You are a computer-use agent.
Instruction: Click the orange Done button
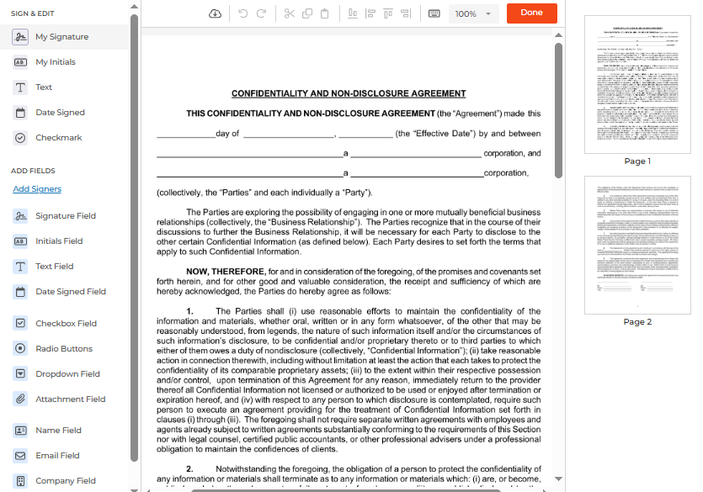coord(531,13)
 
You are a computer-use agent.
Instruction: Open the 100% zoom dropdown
coord(474,13)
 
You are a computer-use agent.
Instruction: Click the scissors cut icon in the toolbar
coord(290,13)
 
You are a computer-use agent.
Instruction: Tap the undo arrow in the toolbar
coord(242,13)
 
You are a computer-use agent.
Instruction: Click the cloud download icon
coord(215,13)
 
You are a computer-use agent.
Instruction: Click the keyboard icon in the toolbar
coord(434,13)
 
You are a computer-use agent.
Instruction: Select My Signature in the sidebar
coord(61,37)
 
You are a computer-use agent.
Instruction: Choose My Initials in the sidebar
coord(55,62)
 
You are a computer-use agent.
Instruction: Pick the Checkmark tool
coord(58,138)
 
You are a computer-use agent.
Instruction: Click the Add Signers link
coord(37,189)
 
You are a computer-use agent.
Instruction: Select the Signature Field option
coord(65,216)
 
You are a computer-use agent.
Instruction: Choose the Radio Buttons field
coord(63,349)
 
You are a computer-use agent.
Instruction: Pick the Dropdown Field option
coord(67,374)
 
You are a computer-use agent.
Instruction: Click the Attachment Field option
coord(70,399)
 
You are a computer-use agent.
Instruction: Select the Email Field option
coord(57,456)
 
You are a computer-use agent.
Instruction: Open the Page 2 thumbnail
coord(637,245)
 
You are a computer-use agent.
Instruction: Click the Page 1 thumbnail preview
coord(637,84)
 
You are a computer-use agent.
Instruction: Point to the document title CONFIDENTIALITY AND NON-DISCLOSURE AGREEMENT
coord(349,94)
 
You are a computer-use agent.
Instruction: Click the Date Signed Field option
coord(70,292)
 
